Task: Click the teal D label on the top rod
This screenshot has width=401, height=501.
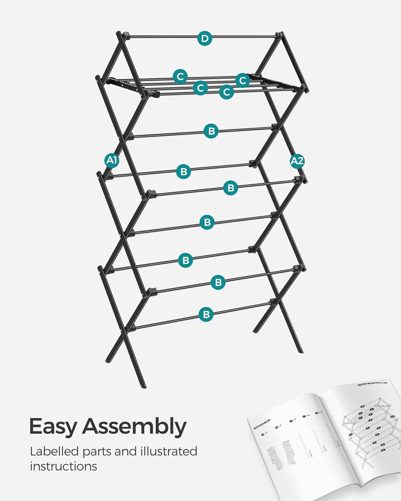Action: [x=205, y=38]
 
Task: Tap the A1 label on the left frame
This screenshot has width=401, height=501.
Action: [x=112, y=161]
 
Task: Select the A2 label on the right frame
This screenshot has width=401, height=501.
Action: [x=297, y=161]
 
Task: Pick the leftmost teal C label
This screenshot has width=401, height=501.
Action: [x=180, y=76]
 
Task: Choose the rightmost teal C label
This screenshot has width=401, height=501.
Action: [x=243, y=80]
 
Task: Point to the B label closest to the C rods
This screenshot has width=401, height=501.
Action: [x=211, y=131]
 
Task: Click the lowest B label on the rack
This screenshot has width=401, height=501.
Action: [x=206, y=314]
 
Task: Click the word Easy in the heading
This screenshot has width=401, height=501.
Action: [x=53, y=427]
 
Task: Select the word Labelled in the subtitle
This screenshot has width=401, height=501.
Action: [x=54, y=451]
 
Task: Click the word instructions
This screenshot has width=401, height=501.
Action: [x=63, y=466]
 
